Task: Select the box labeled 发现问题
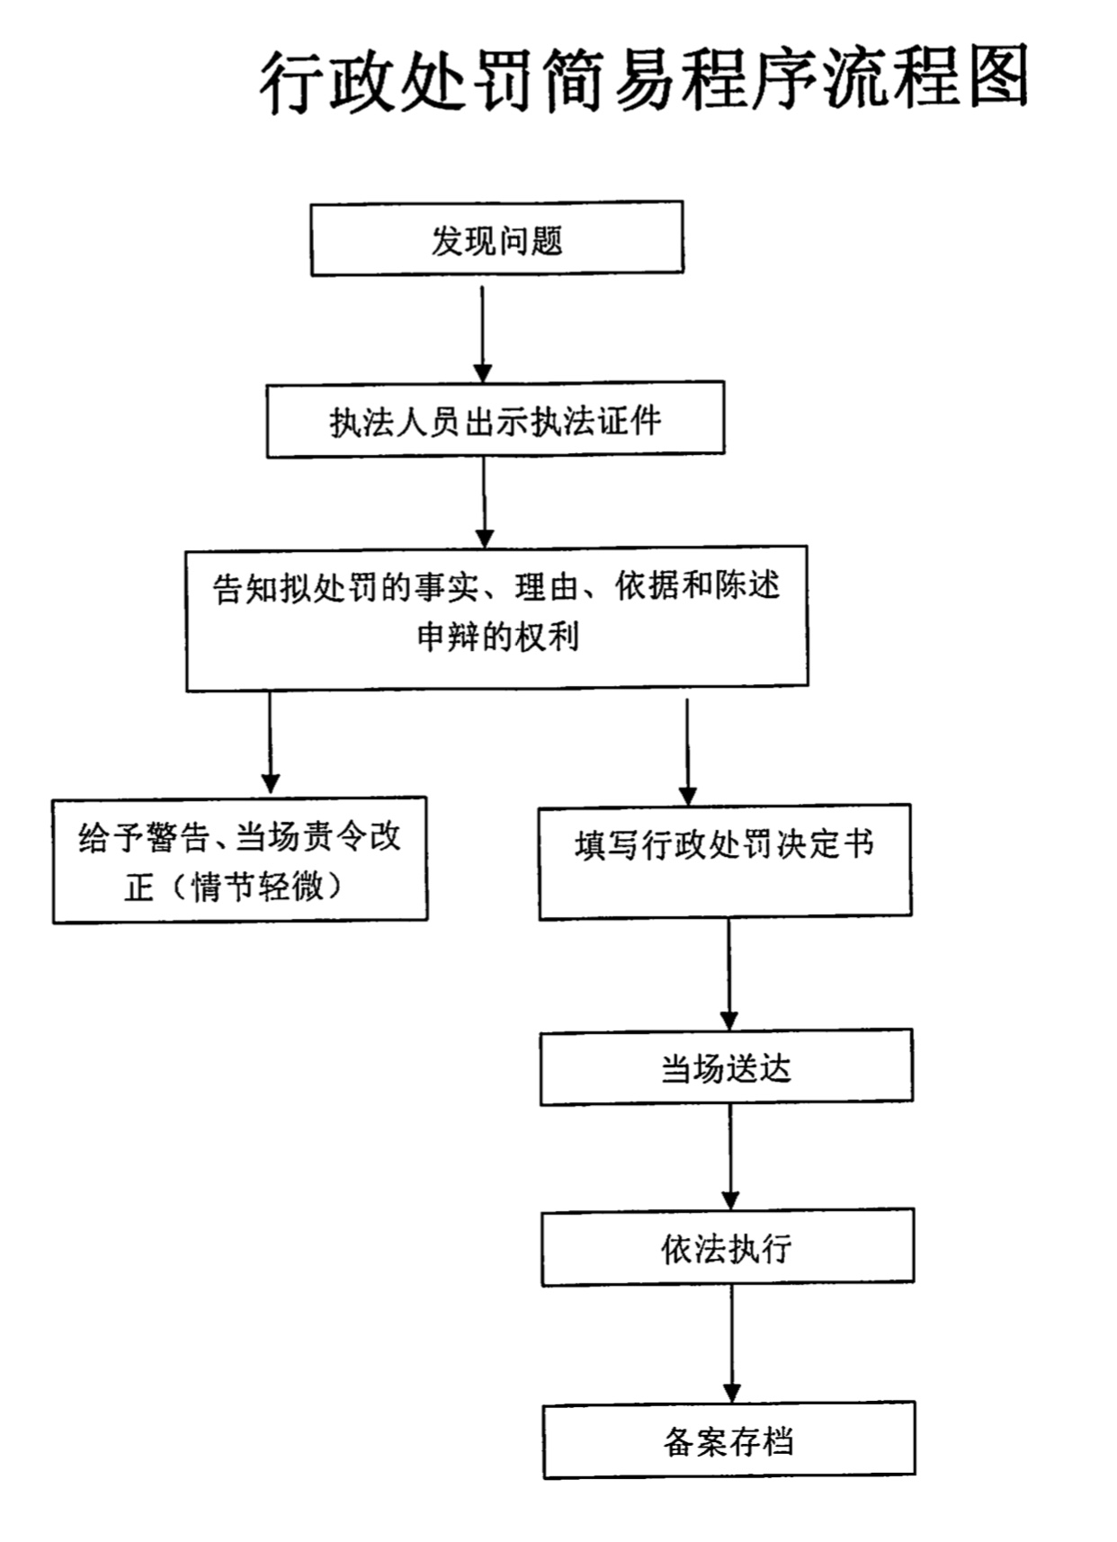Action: (497, 238)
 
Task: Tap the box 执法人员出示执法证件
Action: (496, 419)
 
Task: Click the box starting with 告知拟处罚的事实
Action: (497, 618)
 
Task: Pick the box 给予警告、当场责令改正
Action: (240, 860)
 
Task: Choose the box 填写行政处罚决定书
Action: (725, 861)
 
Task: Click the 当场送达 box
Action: (727, 1067)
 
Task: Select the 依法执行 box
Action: (728, 1247)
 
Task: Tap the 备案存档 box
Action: (729, 1439)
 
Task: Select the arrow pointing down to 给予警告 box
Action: (270, 743)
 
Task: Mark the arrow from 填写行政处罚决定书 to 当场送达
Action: (729, 975)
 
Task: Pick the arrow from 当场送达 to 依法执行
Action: (730, 1158)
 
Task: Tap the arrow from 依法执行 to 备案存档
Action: (731, 1344)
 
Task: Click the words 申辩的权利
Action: (497, 637)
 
